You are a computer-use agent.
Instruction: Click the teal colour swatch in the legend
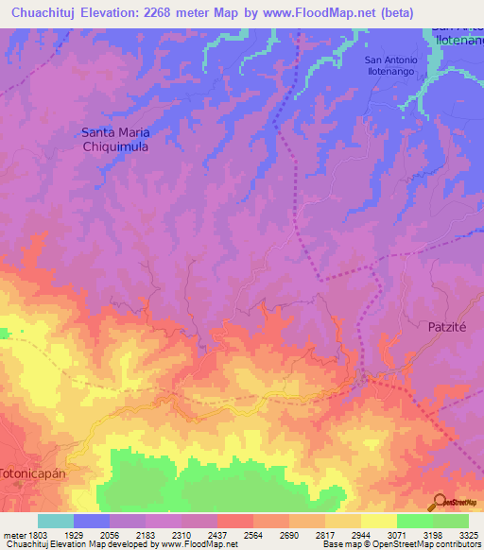[x=56, y=521]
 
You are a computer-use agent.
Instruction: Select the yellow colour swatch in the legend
[x=378, y=521]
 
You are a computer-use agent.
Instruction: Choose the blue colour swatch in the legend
[x=92, y=521]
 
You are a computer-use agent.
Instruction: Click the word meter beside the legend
[x=10, y=534]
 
